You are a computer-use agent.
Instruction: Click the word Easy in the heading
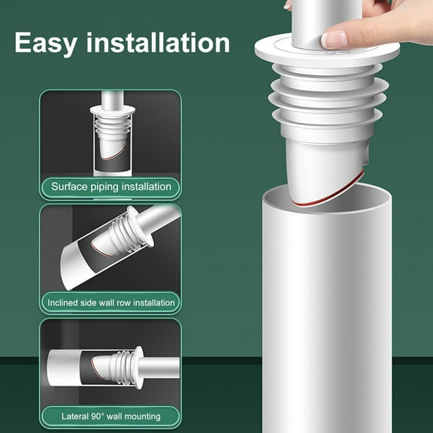(45, 43)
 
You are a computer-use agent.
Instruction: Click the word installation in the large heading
(156, 43)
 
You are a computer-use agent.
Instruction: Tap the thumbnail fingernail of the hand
(334, 38)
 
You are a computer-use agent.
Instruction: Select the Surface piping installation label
(111, 186)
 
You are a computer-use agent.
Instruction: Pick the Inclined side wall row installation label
(111, 302)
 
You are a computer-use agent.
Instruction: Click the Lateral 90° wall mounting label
(111, 416)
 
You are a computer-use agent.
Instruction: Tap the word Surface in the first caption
(69, 186)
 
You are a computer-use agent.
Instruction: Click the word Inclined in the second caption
(67, 302)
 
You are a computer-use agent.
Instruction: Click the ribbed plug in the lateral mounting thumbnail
(121, 366)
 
